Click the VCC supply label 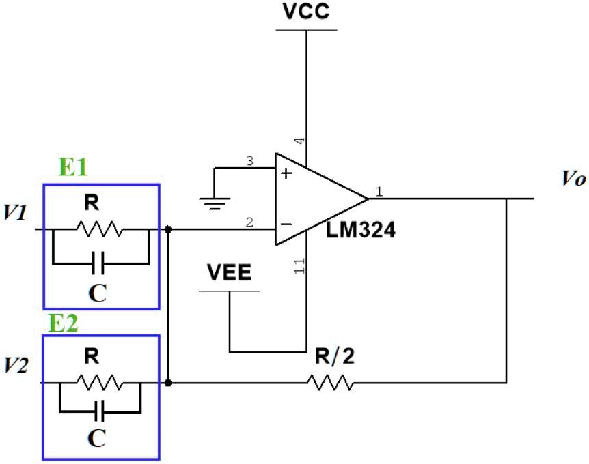pos(305,12)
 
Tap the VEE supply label pos(229,274)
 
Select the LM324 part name pos(361,231)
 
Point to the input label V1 pos(16,212)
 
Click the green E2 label pos(62,323)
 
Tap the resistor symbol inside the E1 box pos(100,229)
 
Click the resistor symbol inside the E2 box pos(100,383)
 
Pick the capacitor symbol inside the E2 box pos(100,412)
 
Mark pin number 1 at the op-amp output pos(379,192)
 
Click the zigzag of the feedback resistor pos(331,383)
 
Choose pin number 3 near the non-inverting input pos(249,162)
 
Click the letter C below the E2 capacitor pos(98,438)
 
